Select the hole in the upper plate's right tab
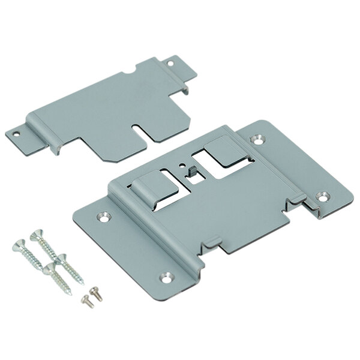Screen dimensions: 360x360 click(x=170, y=62)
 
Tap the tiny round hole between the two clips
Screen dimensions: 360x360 click(x=181, y=163)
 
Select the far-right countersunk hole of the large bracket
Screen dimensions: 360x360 click(x=325, y=196)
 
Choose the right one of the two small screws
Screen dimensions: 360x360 click(x=93, y=291)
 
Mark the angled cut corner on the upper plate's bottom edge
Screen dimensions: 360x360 click(x=104, y=160)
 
